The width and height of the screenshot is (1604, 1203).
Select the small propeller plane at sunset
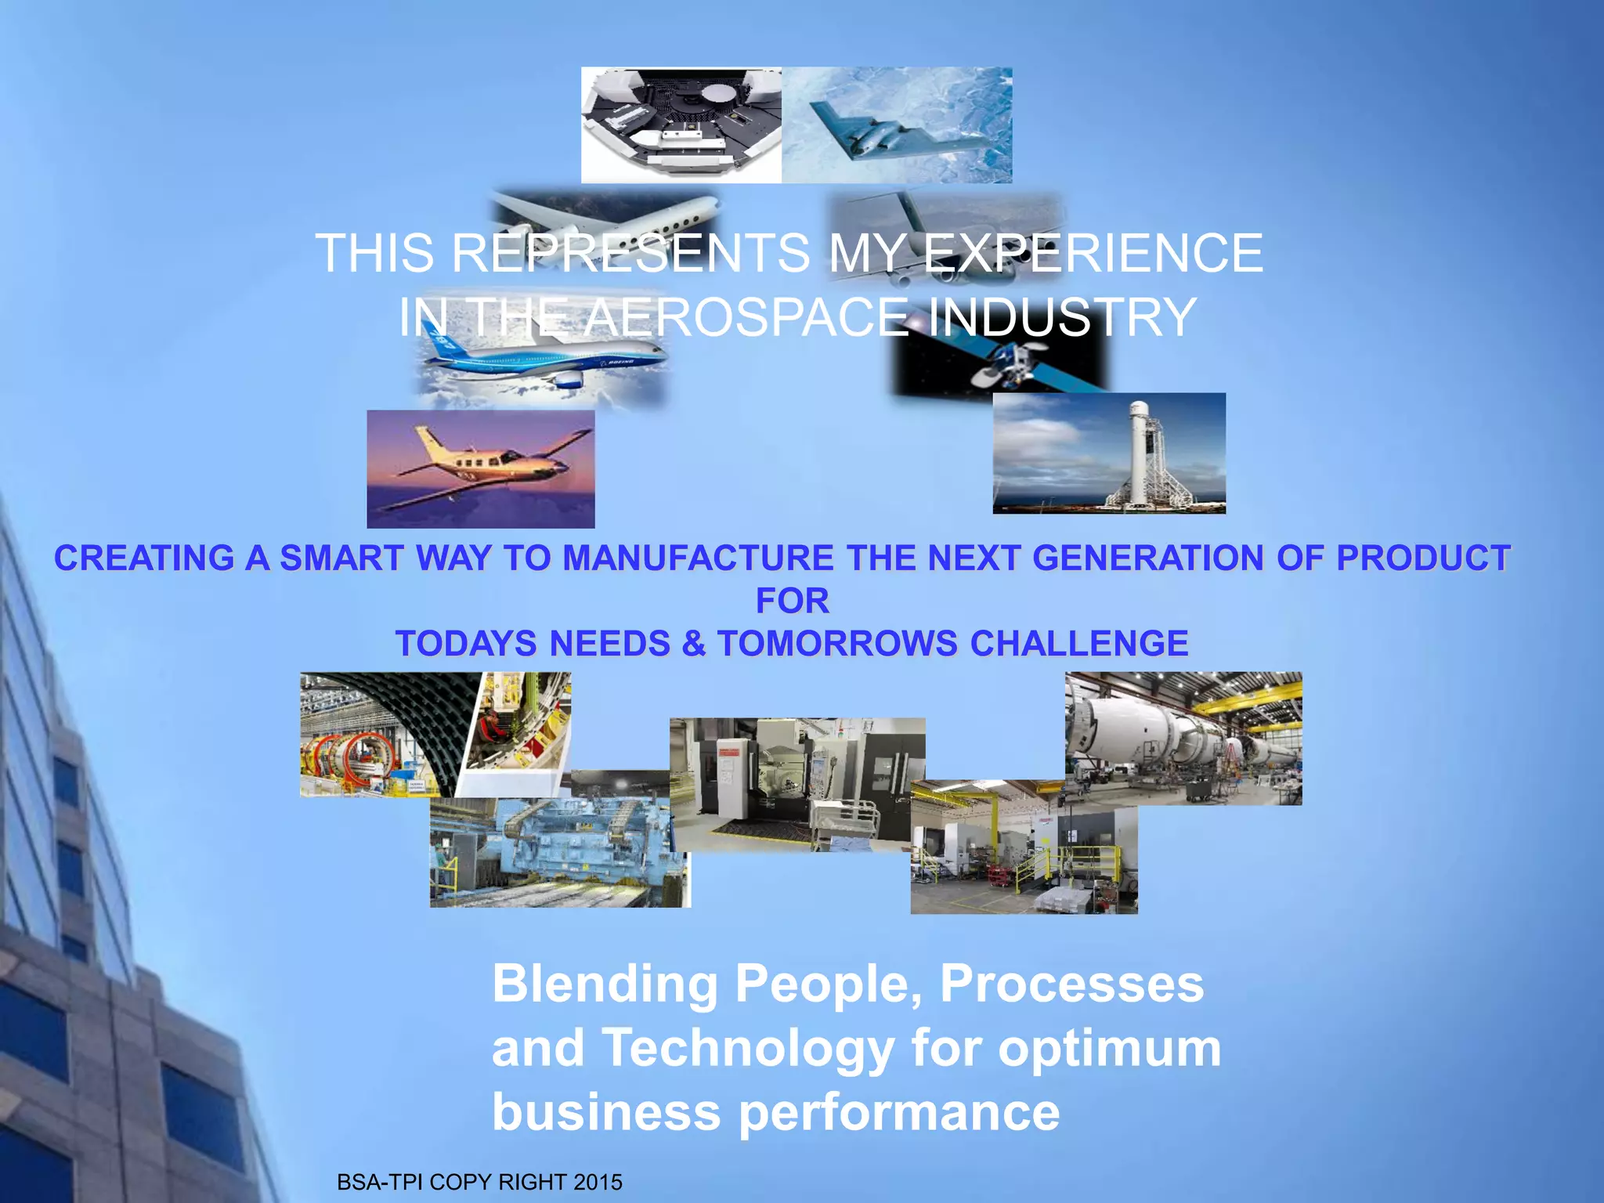[x=480, y=468]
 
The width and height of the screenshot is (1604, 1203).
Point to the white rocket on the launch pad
[x=1140, y=446]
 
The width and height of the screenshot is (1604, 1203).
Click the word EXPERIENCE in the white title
[x=1093, y=253]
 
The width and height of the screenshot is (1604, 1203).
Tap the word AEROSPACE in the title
[x=748, y=317]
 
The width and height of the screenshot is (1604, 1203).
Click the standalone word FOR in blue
[x=792, y=601]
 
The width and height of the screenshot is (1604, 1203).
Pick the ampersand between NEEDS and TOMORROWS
[x=693, y=644]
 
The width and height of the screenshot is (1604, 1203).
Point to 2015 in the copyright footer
[x=598, y=1182]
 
